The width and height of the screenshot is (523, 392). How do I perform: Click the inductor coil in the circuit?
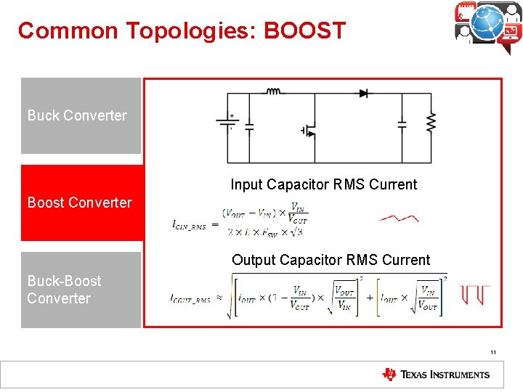[x=274, y=92]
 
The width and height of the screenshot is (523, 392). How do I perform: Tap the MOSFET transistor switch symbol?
[x=309, y=131]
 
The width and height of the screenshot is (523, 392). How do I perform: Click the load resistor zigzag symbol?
[x=431, y=123]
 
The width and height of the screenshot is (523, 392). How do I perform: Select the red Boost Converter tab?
[x=80, y=203]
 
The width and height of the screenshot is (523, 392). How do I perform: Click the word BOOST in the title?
[x=304, y=30]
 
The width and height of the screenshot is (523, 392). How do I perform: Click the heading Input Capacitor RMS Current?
[x=324, y=184]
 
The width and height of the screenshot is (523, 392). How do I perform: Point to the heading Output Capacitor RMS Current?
[x=331, y=260]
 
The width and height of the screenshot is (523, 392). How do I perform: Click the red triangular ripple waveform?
[x=399, y=217]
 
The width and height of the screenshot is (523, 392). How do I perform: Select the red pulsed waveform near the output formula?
[x=475, y=295]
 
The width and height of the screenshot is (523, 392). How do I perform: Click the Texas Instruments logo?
[x=436, y=375]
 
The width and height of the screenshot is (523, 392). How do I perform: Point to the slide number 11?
[x=492, y=353]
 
